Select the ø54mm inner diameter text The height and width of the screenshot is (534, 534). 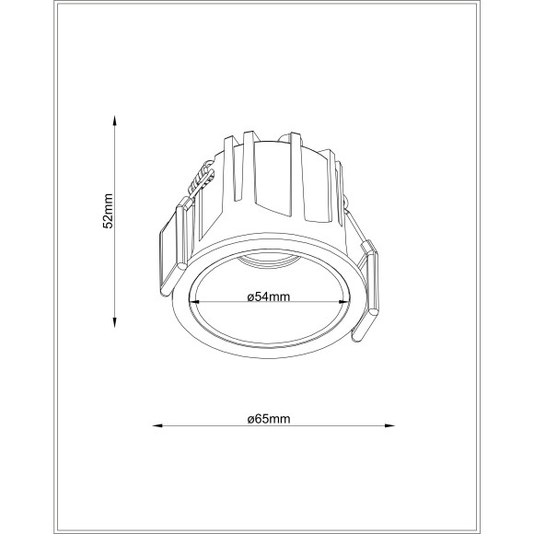click(270, 296)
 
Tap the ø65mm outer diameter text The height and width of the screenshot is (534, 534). click(269, 419)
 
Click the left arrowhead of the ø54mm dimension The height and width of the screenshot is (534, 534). click(193, 304)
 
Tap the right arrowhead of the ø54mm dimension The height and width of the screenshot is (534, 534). click(347, 304)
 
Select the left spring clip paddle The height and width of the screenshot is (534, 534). click(169, 250)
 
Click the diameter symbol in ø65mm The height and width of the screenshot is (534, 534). click(251, 419)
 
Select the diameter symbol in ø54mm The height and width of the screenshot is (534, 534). click(251, 296)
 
